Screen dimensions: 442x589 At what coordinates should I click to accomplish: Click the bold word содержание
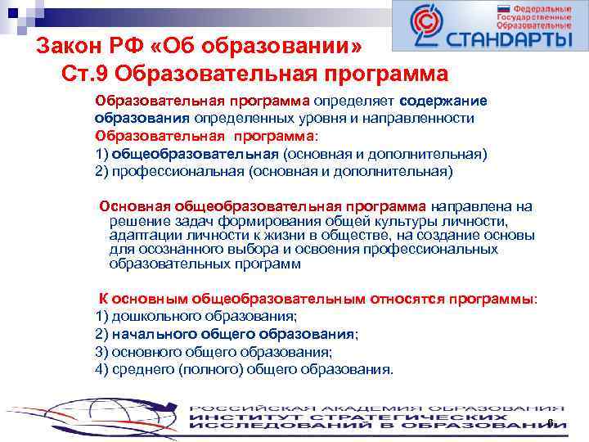(443, 101)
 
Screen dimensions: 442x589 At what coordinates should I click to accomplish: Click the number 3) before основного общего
(102, 352)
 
